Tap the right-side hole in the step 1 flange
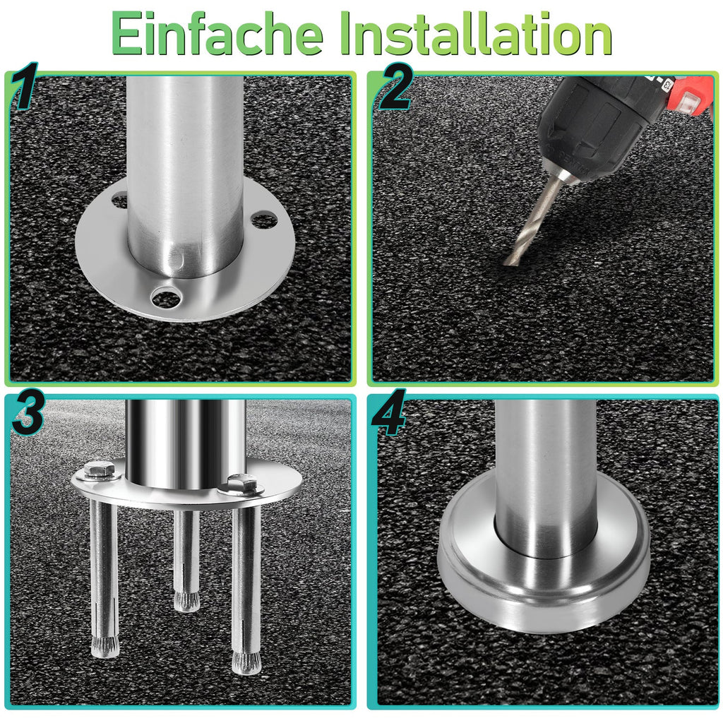(264, 220)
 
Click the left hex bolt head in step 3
(98, 470)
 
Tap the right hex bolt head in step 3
(241, 483)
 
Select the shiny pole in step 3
(186, 441)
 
